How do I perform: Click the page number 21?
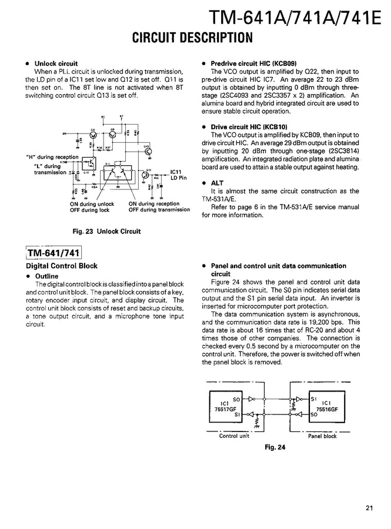(x=369, y=508)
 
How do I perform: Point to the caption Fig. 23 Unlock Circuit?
(x=106, y=231)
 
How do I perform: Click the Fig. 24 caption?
(x=275, y=447)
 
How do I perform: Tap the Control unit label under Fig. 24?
(x=234, y=436)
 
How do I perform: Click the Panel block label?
(x=322, y=436)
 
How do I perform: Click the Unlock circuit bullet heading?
(x=56, y=63)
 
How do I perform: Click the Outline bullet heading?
(x=46, y=276)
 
